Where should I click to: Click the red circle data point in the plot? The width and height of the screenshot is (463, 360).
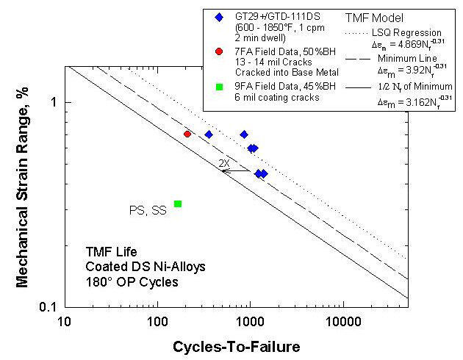[187, 134]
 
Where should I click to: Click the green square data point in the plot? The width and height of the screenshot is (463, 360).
[178, 204]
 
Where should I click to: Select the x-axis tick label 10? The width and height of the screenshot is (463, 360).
[65, 322]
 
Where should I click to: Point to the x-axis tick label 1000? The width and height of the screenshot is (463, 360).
[250, 322]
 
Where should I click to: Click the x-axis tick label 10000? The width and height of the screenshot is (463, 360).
[342, 322]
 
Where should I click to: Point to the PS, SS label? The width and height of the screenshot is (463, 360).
[148, 211]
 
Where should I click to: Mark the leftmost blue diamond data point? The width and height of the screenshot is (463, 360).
[209, 134]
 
